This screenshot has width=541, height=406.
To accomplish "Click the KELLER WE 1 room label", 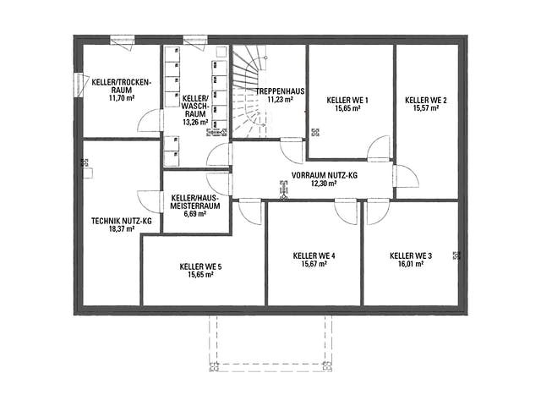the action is (x=347, y=100).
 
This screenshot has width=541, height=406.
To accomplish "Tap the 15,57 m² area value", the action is (x=426, y=108).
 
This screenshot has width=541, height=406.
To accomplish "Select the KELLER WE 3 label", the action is (x=411, y=255).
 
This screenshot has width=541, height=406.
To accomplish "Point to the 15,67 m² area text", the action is (x=314, y=264).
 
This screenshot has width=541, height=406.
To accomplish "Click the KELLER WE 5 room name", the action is (x=200, y=266).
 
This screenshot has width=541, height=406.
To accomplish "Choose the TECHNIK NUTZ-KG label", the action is (x=122, y=221).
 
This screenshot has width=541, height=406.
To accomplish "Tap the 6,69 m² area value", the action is (x=195, y=214).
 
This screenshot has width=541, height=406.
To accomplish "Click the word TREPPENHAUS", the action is (x=280, y=91).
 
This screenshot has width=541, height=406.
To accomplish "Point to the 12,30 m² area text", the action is (x=324, y=184).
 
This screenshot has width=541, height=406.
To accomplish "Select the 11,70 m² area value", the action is (x=122, y=98).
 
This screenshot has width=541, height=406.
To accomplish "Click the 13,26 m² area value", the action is (x=195, y=122).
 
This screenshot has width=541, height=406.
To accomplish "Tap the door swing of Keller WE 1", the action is (x=379, y=149).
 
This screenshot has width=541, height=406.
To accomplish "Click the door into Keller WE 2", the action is (x=407, y=176).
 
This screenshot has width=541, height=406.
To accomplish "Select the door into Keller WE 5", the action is (x=250, y=211).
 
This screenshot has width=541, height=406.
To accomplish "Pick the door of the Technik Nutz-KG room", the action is (x=150, y=201).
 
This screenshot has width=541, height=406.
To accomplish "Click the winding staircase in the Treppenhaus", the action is (x=249, y=91).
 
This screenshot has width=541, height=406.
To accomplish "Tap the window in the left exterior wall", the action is (x=79, y=85).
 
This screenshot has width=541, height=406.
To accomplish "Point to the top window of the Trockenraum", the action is (x=122, y=40).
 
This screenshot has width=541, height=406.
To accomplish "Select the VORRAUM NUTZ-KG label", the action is (x=325, y=175).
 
